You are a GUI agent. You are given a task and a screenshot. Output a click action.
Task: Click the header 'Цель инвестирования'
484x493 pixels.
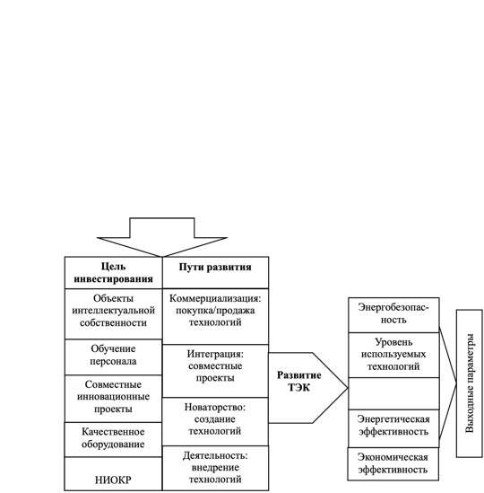tap(113, 273)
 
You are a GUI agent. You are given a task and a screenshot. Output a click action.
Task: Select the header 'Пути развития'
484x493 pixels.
tap(215, 273)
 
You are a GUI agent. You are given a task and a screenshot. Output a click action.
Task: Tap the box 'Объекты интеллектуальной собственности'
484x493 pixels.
tap(113, 313)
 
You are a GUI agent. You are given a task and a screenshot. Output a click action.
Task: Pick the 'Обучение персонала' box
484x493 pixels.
tap(113, 357)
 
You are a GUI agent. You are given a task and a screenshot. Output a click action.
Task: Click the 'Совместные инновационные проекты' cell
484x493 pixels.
tap(113, 399)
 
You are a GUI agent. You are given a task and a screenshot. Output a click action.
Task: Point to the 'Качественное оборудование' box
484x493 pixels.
tap(113, 439)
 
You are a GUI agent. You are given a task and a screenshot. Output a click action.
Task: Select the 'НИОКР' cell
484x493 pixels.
tap(113, 473)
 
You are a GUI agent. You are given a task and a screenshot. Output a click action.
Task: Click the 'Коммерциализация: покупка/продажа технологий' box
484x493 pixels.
tap(215, 316)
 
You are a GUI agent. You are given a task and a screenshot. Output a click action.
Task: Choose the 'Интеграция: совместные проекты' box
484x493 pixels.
tap(215, 371)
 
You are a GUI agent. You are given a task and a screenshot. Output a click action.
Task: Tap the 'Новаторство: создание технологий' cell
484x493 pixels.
tap(215, 421)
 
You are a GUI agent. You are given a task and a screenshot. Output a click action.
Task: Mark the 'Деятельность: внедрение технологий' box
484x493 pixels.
tap(215, 468)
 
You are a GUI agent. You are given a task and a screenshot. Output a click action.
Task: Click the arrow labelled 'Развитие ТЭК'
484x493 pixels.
tap(308, 388)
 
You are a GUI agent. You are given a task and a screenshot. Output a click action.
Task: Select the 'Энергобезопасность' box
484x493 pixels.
tap(393, 315)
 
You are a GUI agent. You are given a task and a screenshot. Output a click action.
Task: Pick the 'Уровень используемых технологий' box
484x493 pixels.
tap(393, 355)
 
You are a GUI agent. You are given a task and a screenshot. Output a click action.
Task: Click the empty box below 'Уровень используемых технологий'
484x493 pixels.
tap(393, 393)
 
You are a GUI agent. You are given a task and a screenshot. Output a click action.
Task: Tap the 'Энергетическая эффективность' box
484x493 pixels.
tap(393, 428)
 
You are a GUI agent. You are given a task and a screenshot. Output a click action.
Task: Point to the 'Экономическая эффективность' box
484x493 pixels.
tap(393, 463)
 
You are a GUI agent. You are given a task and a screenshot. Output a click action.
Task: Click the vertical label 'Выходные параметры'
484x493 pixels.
tap(470, 383)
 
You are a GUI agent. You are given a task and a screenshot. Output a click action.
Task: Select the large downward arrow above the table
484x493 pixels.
tap(162, 237)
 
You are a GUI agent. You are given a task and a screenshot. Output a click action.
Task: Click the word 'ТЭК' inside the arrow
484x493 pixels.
tap(298, 388)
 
